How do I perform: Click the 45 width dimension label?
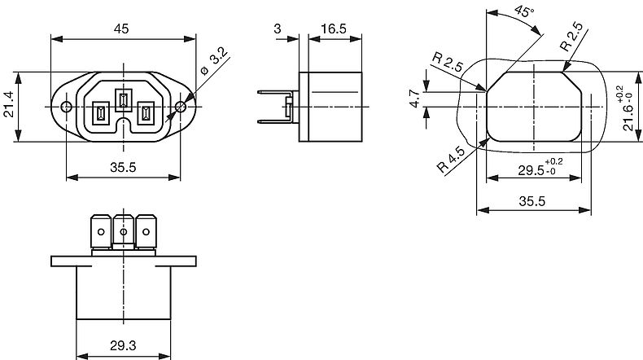[x=121, y=29]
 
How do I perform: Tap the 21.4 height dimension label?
[x=9, y=104]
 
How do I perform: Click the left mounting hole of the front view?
[x=66, y=108]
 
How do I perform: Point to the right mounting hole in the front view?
[x=181, y=108]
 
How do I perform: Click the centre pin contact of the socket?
[x=123, y=99]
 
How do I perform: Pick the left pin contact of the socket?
[x=100, y=112]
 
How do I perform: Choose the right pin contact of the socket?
[x=146, y=112]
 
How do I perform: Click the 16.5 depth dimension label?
[x=334, y=29]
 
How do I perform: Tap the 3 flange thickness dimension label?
[x=278, y=29]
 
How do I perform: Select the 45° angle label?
[x=524, y=11]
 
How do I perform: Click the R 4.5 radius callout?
[x=451, y=160]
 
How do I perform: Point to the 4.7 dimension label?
[x=415, y=99]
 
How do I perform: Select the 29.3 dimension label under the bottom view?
[x=123, y=345]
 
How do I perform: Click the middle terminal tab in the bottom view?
[x=124, y=231]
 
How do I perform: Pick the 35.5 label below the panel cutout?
[x=531, y=201]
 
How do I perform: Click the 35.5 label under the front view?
[x=123, y=168]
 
